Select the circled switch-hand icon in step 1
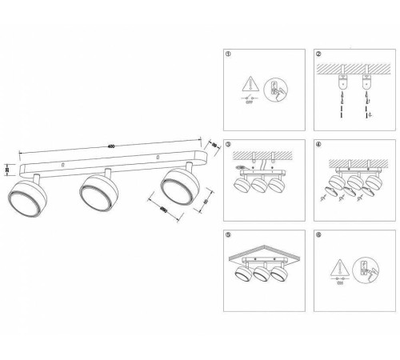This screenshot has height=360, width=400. [x=275, y=90]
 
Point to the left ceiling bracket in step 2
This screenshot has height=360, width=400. [x=343, y=82]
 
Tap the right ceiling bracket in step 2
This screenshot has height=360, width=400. [x=367, y=82]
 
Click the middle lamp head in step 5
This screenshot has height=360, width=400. [x=263, y=277]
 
